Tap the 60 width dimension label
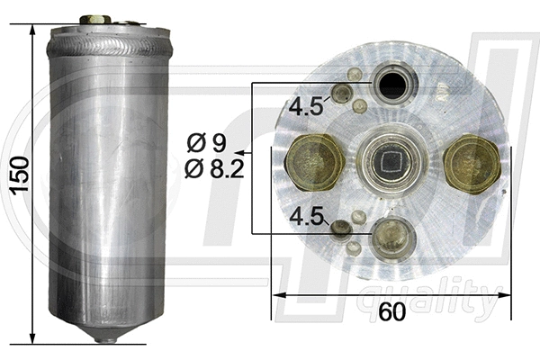[391, 312]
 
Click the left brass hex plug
[314, 163]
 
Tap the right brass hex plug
[472, 163]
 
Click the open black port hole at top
[392, 86]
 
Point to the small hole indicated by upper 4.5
[342, 93]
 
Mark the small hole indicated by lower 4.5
[340, 229]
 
